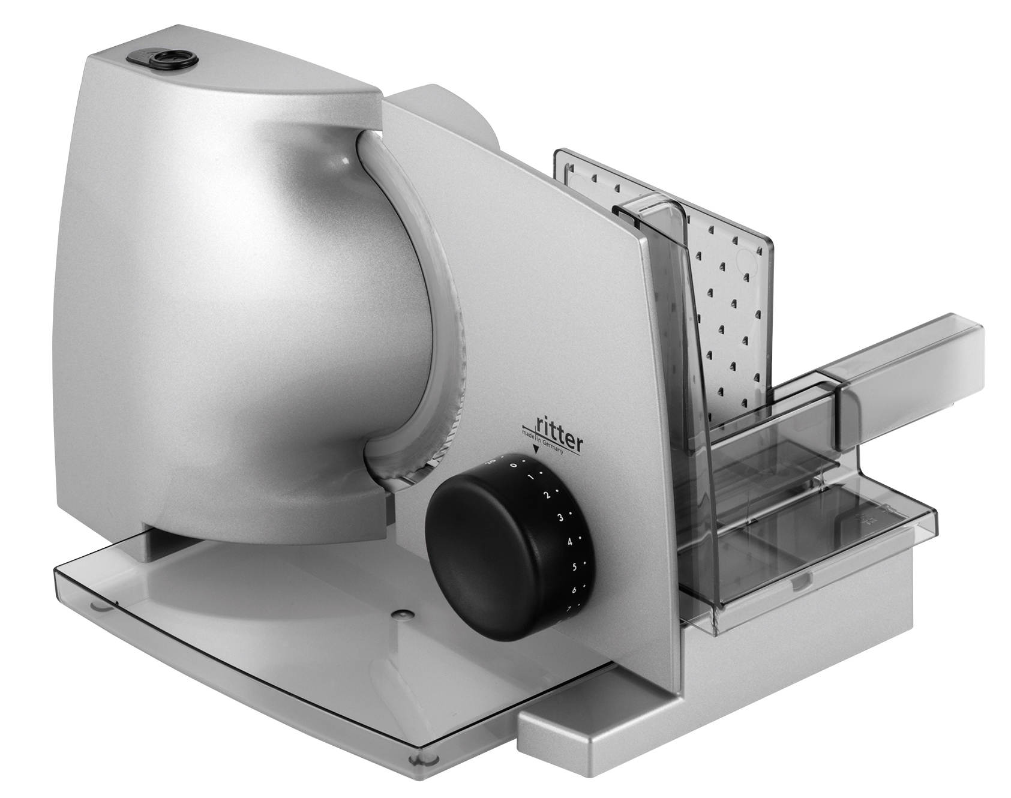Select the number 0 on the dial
(514, 465)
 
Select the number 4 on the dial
(569, 542)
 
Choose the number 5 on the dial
(574, 567)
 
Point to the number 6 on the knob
(574, 590)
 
